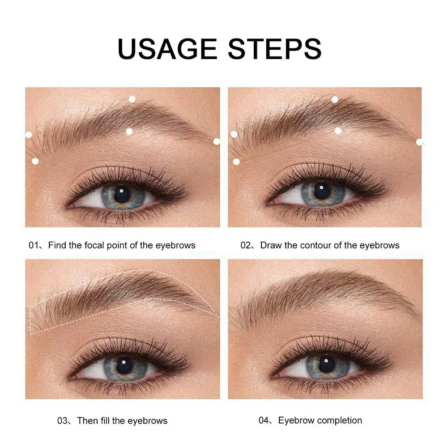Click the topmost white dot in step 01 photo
[x=132, y=99]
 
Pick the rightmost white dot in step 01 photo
[x=217, y=141]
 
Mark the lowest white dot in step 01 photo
[x=35, y=161]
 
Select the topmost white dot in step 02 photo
[x=335, y=99]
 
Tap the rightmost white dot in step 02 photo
[x=419, y=142]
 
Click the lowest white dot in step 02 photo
[x=236, y=162]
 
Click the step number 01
[x=34, y=245]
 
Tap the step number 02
[x=246, y=245]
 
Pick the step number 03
[x=63, y=421]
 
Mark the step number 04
[x=264, y=421]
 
